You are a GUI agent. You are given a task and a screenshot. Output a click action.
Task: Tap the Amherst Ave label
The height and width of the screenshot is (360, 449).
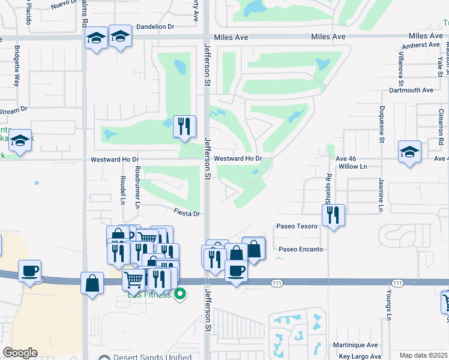[x=421, y=45]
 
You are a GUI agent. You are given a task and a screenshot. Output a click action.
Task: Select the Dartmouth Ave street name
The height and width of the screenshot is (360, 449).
[x=411, y=91]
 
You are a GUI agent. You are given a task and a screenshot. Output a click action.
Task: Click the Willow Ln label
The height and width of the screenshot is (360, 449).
[x=352, y=166]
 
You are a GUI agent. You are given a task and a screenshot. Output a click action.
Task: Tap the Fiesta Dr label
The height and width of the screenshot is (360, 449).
[x=187, y=213]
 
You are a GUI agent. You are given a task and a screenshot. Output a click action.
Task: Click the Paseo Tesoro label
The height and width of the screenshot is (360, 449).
[x=297, y=227]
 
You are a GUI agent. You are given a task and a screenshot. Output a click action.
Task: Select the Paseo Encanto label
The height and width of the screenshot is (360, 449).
[x=301, y=249]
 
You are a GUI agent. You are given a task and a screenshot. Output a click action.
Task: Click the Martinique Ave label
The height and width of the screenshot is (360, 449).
[x=356, y=345]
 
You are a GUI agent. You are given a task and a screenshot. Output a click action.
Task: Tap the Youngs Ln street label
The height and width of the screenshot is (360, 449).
[x=389, y=305]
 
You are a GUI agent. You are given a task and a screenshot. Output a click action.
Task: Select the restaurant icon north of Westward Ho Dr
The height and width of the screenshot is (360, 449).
[x=184, y=126]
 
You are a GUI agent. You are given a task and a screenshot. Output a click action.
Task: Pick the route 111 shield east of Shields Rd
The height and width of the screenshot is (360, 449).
[x=397, y=283]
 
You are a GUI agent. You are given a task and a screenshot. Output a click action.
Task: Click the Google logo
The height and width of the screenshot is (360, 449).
[x=20, y=353]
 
